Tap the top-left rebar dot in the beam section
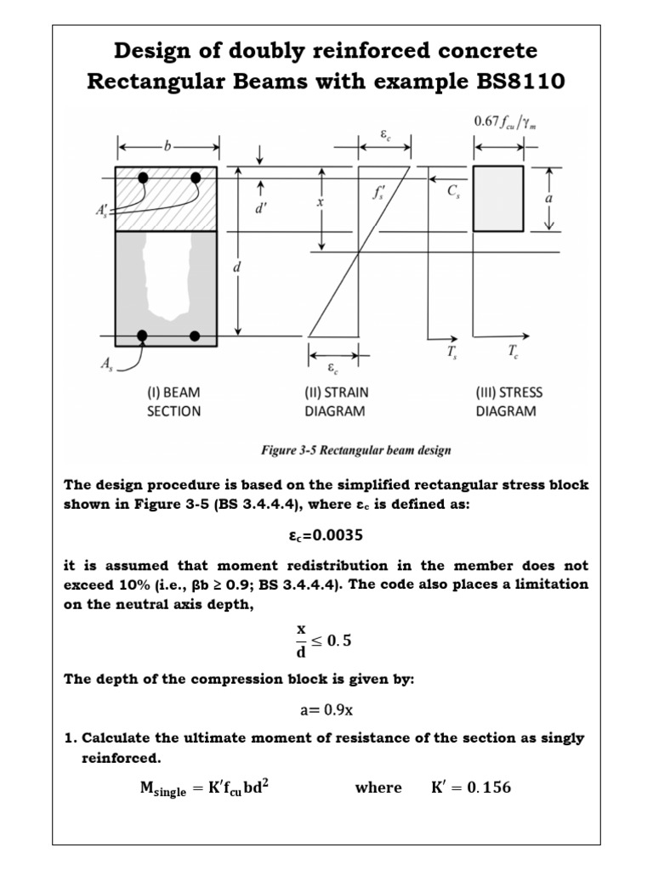[x=144, y=178]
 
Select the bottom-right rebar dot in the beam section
[x=195, y=336]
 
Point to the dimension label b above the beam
[x=167, y=147]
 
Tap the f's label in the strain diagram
[x=378, y=193]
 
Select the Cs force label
[x=452, y=192]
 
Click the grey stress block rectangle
[x=497, y=197]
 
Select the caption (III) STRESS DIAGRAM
[x=508, y=402]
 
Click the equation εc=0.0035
[x=326, y=536]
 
